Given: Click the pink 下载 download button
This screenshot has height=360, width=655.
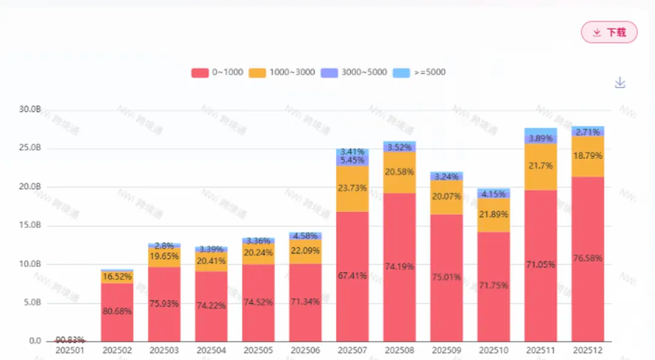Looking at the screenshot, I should point(609,32).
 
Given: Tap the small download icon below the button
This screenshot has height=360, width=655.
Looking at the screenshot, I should point(620,82).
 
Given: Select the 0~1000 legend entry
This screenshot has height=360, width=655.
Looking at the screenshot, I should point(218,72).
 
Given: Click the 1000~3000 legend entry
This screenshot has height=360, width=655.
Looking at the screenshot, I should point(282,72).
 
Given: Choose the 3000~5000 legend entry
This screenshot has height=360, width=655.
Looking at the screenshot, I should point(354,72).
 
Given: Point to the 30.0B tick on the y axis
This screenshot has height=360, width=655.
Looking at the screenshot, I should point(30,110).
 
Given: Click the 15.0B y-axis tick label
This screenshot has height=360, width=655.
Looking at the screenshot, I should point(30,225).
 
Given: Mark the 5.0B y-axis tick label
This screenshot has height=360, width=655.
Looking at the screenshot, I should point(30,303).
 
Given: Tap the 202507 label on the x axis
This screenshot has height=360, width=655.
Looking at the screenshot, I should point(352,350).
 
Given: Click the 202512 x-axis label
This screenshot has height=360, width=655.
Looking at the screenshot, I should point(587,350).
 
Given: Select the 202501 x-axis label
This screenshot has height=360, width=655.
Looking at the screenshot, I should point(70,350).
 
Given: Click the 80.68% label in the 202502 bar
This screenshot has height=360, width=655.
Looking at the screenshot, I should point(117,311).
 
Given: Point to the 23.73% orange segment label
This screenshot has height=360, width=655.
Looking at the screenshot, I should point(352,188).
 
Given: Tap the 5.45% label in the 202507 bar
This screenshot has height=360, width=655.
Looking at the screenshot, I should point(352,161).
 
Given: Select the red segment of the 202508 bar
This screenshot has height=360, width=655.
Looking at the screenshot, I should point(399,267).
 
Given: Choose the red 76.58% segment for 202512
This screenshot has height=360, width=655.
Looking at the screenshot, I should point(587,258).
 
